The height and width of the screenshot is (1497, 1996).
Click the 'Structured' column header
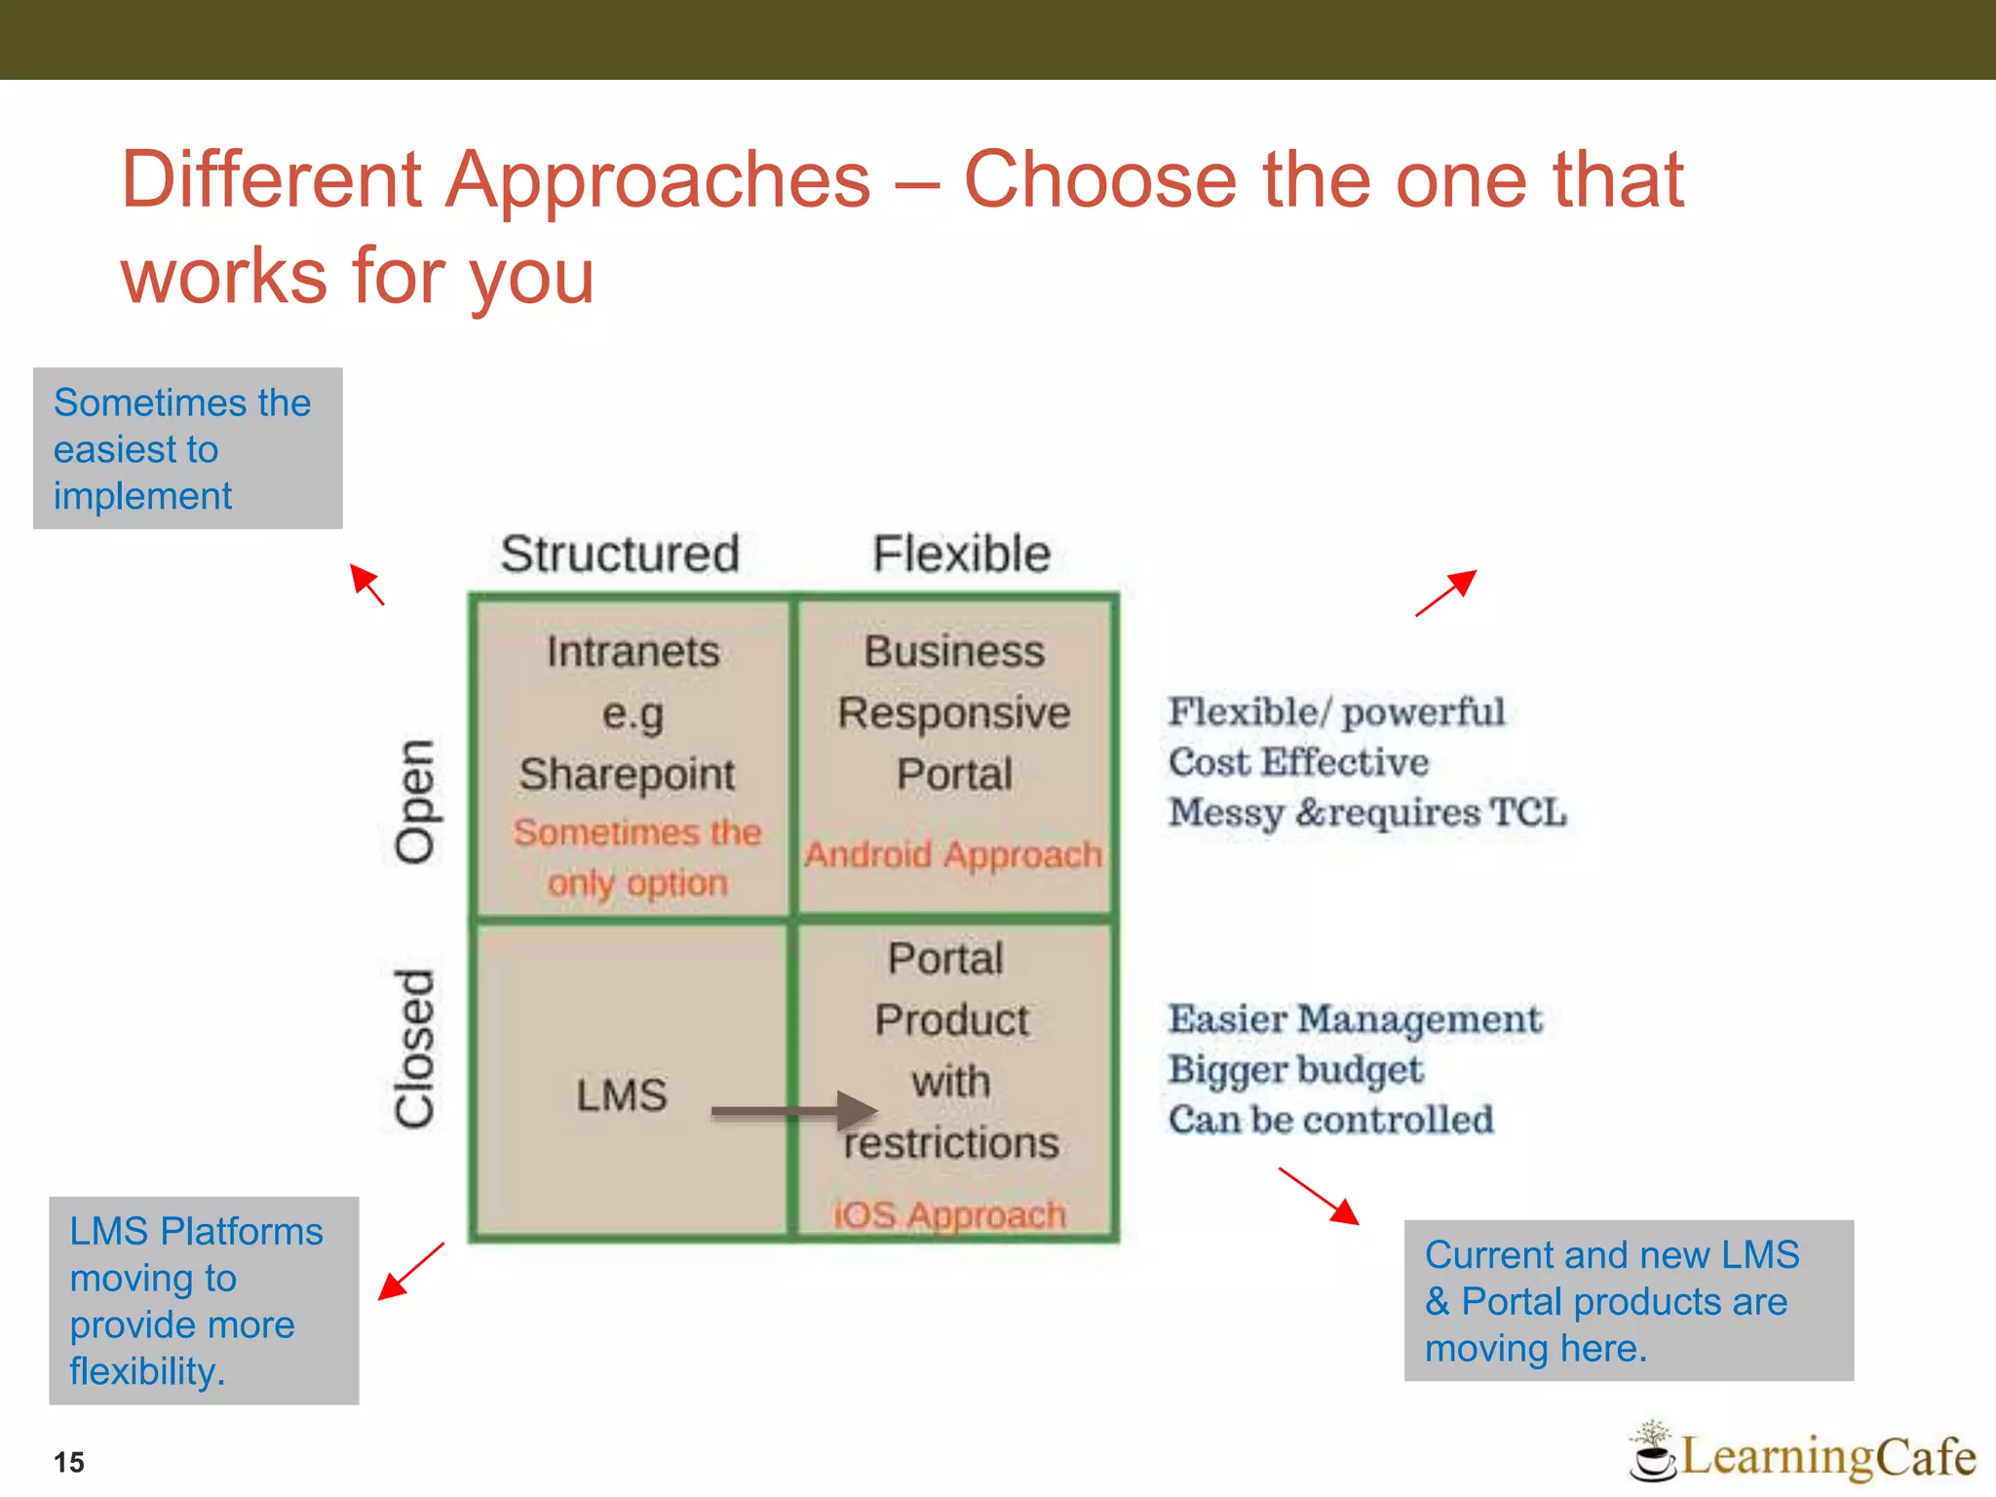pos(620,554)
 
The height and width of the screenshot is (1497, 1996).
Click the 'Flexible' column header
pos(961,554)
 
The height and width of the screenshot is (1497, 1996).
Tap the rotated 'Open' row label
pos(415,801)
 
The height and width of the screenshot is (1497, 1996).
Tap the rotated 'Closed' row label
pos(415,1049)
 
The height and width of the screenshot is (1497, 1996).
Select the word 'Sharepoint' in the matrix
pos(627,775)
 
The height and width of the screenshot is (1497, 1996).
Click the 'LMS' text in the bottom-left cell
pos(621,1095)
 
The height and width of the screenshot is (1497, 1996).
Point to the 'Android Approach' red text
pos(953,855)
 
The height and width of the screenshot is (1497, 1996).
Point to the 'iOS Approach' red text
pos(949,1215)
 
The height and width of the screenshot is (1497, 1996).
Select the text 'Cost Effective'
pos(1298,762)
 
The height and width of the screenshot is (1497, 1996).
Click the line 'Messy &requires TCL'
pos(1366,812)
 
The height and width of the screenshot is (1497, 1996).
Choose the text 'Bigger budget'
pos(1295,1069)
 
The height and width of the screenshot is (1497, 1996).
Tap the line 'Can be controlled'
pos(1330,1120)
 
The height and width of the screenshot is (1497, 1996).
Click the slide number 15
pos(69,1462)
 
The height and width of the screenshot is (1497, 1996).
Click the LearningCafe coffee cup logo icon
pos(1653,1453)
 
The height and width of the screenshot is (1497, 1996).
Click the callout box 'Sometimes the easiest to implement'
pos(187,448)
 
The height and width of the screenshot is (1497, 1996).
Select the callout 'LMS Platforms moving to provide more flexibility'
pos(204,1300)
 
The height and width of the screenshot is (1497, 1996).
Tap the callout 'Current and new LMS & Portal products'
pos(1628,1300)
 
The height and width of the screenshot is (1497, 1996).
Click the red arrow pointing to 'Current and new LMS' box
pos(1319,1196)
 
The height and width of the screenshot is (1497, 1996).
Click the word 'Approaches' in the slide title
pos(658,180)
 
